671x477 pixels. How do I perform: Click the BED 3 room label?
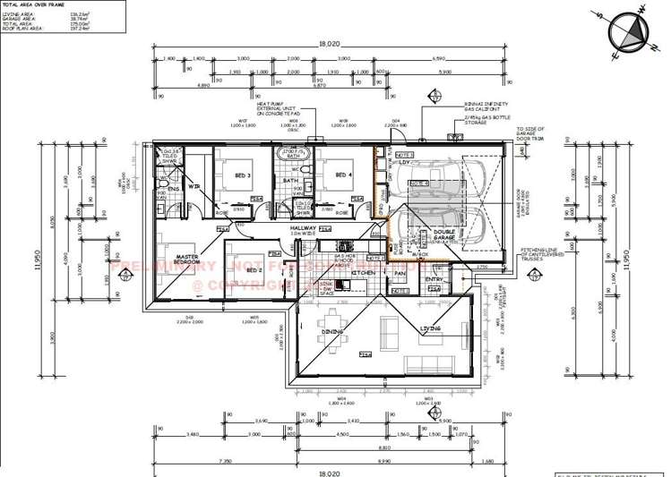[241, 175]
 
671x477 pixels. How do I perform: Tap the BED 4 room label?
[342, 175]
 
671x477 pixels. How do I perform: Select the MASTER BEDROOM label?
[186, 260]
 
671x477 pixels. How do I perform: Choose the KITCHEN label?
[363, 272]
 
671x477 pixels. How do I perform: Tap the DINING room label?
[333, 331]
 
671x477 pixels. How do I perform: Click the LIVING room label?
[431, 328]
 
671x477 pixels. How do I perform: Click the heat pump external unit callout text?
[282, 109]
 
